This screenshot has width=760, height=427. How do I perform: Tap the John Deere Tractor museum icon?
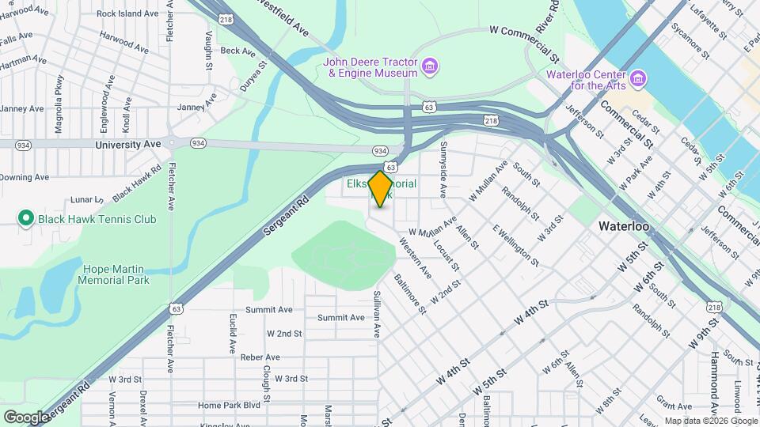coord(430,65)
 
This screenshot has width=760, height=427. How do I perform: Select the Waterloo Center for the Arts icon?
coord(639,78)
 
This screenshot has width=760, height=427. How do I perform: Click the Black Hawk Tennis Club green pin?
coord(25,219)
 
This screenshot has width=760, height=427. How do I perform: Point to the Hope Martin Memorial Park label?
coord(116,274)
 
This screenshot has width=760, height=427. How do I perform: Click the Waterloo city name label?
coord(624,226)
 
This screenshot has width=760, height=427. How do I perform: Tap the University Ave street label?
coord(127,145)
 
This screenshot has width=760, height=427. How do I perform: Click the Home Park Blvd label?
coord(230,406)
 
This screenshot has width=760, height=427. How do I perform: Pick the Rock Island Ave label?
coord(128,13)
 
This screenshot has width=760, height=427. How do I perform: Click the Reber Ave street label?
coord(260,357)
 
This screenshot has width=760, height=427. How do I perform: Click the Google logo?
coord(27,417)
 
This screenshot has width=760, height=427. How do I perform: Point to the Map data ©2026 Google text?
coord(709,421)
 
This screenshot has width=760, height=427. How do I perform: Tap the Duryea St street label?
coord(250,76)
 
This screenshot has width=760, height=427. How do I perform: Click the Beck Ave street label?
coord(238,51)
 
